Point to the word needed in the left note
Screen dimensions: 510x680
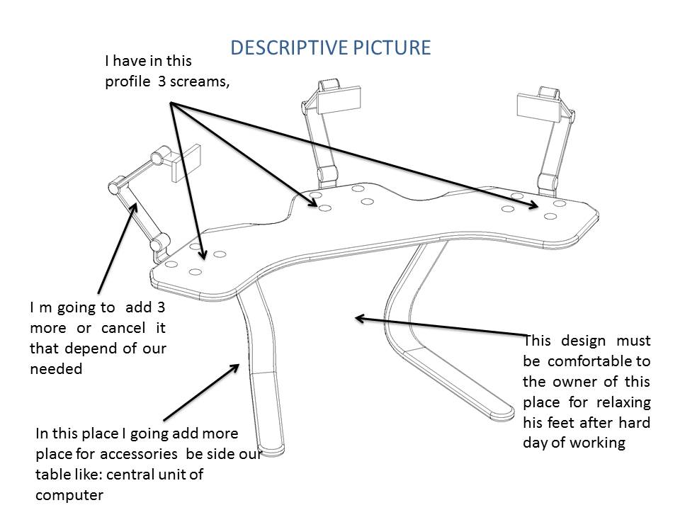tap(56, 368)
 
